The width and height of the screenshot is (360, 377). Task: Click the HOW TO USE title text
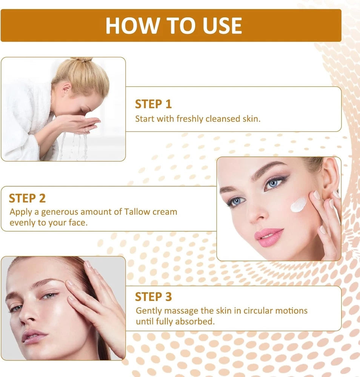pos(173,26)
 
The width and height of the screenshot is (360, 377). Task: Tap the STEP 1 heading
pos(153,104)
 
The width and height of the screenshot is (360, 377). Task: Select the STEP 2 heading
pos(27,198)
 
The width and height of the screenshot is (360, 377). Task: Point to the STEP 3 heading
pos(153,297)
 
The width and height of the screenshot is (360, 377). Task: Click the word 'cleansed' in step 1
pos(222,119)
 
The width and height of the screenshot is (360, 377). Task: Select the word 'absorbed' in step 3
pos(198,322)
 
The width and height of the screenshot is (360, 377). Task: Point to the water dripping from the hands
pos(75,145)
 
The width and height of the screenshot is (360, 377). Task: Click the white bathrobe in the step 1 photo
pos(23,121)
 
